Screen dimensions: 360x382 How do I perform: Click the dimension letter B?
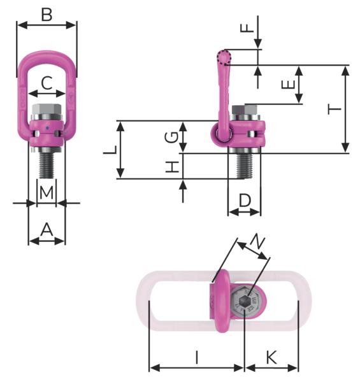click(47, 15)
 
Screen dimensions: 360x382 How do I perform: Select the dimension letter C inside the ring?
click(47, 83)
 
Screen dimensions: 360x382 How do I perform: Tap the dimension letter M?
click(47, 193)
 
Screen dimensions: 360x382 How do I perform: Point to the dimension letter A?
click(47, 230)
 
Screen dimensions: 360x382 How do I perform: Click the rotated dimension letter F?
click(247, 28)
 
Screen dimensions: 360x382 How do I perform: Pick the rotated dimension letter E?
click(288, 85)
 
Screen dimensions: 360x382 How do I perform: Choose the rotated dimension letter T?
click(334, 109)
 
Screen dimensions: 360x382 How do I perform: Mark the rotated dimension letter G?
click(171, 138)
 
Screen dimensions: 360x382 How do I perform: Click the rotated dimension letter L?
click(110, 150)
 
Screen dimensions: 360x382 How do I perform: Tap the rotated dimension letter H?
click(172, 167)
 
